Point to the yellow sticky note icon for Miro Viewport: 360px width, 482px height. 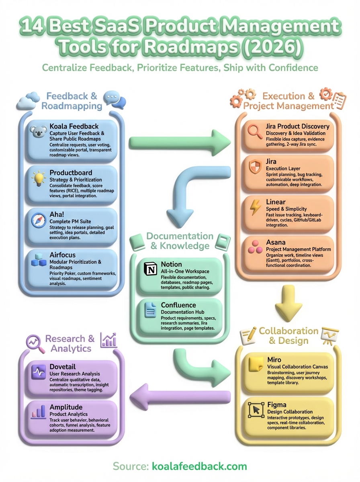tap(256, 364)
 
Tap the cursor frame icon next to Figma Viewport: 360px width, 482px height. tap(256, 409)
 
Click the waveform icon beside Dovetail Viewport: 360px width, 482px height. tap(39, 372)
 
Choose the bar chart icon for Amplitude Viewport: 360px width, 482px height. tap(39, 411)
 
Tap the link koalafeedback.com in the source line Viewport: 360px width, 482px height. tap(199, 466)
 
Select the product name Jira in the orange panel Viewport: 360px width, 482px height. tap(271, 161)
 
